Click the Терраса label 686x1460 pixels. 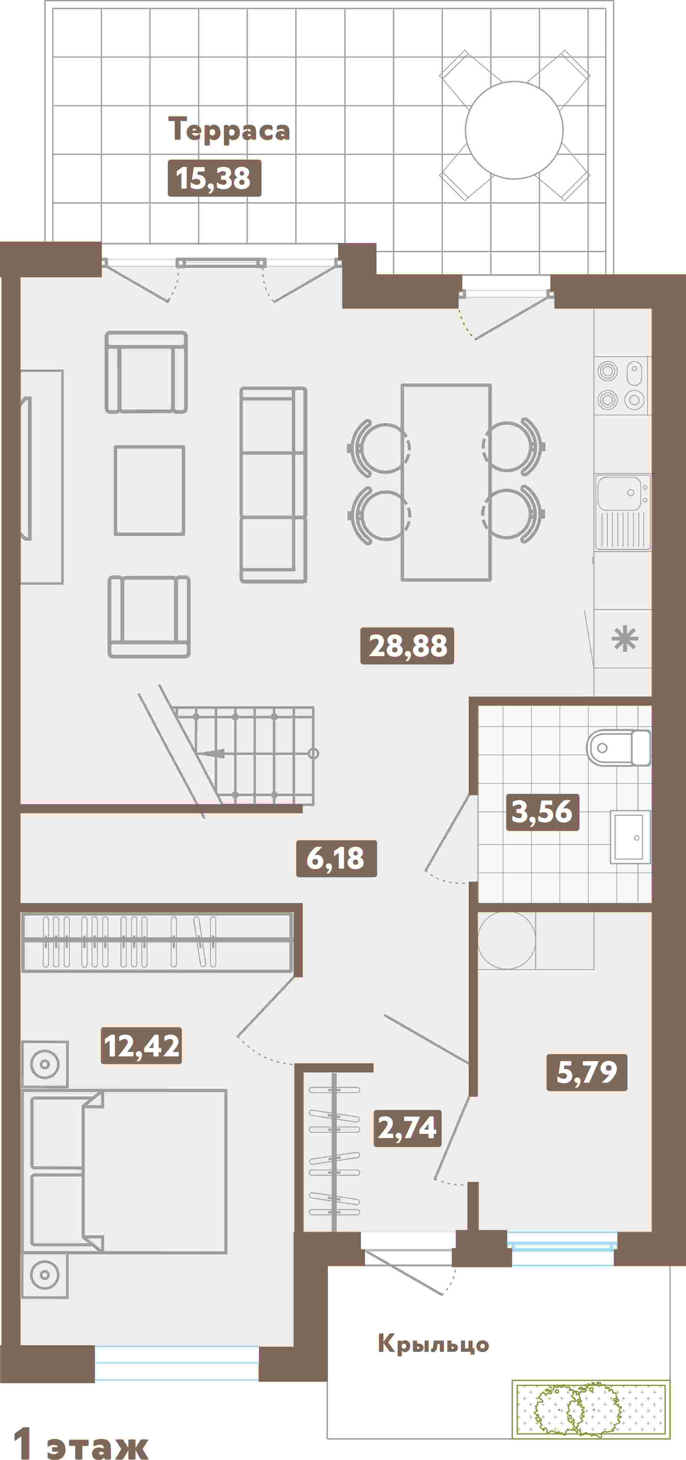(x=229, y=129)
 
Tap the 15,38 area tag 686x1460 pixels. (x=214, y=178)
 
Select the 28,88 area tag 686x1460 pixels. (x=407, y=646)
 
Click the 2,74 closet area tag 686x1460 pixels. (x=407, y=1128)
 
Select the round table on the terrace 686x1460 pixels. (x=514, y=130)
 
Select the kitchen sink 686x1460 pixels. (x=622, y=512)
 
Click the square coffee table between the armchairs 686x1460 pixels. (x=150, y=490)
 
